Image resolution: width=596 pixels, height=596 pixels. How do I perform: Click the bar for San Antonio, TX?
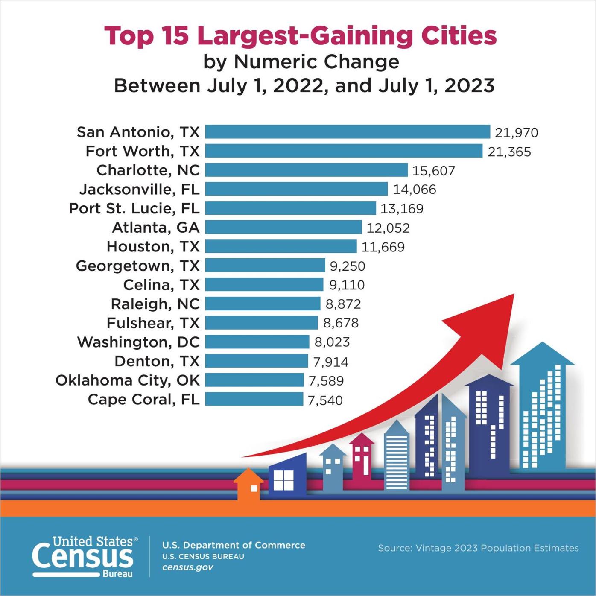click(x=348, y=132)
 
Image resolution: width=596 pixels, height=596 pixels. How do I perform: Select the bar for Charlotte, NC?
click(x=306, y=170)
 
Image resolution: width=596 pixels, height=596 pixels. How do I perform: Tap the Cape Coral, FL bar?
click(x=254, y=399)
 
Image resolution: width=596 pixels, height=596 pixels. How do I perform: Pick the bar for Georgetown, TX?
click(x=265, y=266)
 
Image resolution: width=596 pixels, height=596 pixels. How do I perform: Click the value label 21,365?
click(x=509, y=152)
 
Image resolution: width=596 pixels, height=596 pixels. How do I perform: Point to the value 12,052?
click(x=388, y=228)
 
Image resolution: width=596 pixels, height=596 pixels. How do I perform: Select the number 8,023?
click(x=332, y=342)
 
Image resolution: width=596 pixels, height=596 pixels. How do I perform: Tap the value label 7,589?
click(x=326, y=380)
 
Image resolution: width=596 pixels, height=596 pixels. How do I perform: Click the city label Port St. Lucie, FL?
click(x=134, y=208)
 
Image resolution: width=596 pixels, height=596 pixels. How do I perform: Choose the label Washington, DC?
click(x=138, y=342)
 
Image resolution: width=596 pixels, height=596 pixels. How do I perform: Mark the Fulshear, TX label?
click(x=153, y=323)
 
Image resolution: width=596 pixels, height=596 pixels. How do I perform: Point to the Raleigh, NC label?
click(x=155, y=304)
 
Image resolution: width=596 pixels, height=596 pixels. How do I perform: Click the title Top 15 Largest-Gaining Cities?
click(x=301, y=35)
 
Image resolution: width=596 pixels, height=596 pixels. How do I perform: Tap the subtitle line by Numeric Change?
click(x=301, y=62)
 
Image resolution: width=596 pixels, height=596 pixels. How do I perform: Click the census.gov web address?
click(x=187, y=567)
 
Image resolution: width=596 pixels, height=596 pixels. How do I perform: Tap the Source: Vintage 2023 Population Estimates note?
click(x=478, y=548)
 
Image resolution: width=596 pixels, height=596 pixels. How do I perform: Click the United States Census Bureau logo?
click(x=85, y=557)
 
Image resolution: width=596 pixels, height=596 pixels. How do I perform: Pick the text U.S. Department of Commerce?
click(x=234, y=545)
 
